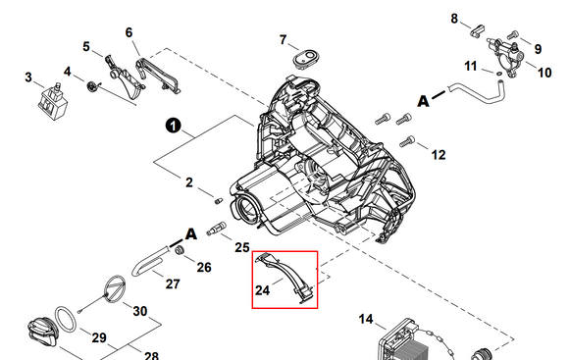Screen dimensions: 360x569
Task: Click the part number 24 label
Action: [262, 290]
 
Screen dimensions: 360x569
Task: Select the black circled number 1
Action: [172, 126]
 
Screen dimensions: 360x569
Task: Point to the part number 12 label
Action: [438, 154]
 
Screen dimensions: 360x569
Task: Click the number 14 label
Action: [366, 320]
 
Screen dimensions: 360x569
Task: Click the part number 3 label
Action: [28, 77]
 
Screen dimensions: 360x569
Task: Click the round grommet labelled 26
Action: [181, 254]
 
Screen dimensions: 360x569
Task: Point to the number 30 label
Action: [140, 312]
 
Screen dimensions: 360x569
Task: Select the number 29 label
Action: [98, 337]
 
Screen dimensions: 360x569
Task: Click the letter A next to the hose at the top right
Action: [424, 100]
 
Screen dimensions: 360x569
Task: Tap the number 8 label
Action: [454, 19]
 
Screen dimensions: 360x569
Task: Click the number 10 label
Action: [545, 72]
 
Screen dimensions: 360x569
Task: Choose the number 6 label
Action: [129, 32]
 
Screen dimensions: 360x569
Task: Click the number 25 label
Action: [241, 248]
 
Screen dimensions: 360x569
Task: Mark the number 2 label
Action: [189, 181]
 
